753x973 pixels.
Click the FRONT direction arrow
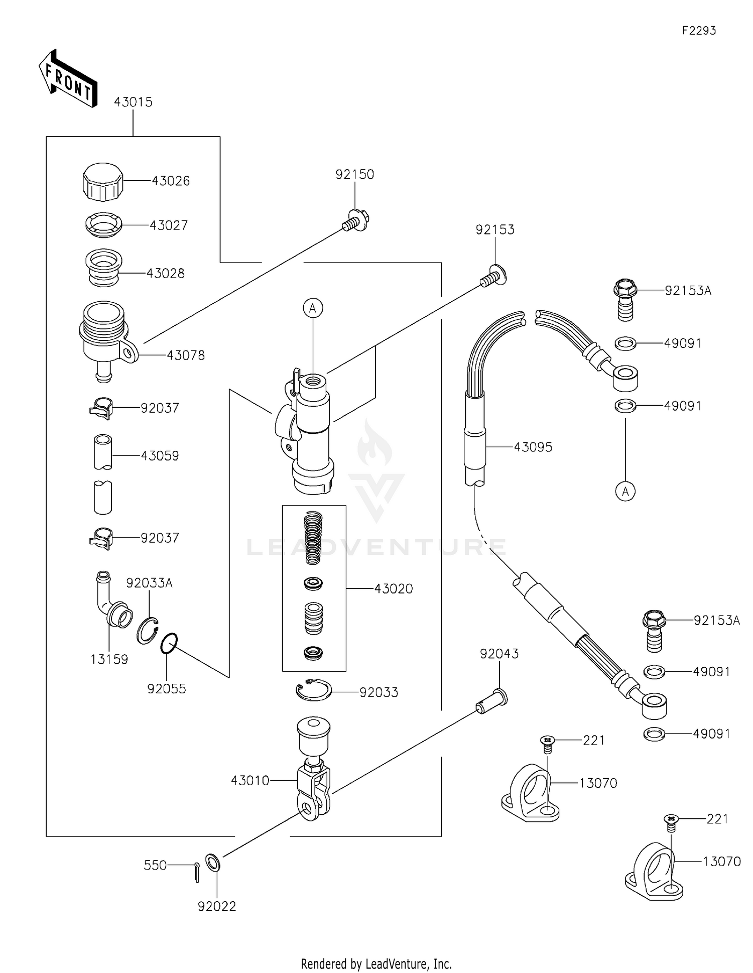coord(68,79)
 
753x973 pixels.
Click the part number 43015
coord(133,102)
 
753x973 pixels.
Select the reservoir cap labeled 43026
coord(102,182)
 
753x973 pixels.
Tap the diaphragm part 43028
coord(103,268)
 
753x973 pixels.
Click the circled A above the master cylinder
coord(313,308)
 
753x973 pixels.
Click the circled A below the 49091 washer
coord(625,492)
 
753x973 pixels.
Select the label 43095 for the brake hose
coord(533,447)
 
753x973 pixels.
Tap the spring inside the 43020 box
coord(313,537)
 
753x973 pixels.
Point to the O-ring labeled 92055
coord(169,644)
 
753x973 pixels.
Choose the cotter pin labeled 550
coord(197,872)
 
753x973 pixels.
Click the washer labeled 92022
coord(212,863)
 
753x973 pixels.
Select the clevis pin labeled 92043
coord(492,702)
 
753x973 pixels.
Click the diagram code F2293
coord(699,31)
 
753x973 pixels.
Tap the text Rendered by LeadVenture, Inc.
coord(376,963)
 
